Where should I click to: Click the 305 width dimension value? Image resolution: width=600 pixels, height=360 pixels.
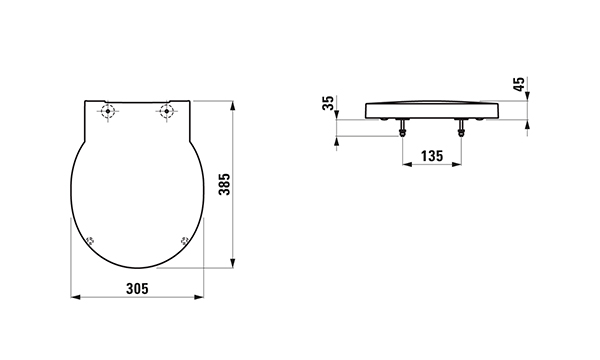(x=137, y=288)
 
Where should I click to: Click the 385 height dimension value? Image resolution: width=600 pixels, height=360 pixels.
(x=224, y=184)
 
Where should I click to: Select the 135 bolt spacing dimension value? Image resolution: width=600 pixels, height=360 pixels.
(x=432, y=156)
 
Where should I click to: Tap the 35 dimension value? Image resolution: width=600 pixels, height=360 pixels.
(x=328, y=103)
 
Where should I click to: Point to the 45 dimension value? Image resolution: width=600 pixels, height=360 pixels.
(x=519, y=85)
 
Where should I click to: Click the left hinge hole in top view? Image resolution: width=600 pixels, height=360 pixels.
(x=108, y=111)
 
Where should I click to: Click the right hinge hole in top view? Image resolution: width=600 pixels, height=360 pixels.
(x=166, y=111)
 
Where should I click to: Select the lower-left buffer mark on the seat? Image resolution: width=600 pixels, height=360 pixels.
(x=91, y=241)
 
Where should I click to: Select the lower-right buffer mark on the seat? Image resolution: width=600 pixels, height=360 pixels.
(x=185, y=241)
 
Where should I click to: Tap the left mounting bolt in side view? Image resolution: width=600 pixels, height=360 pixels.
(x=402, y=128)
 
